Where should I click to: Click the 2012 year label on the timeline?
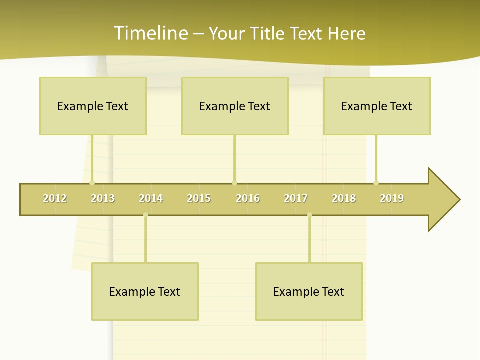(x=55, y=198)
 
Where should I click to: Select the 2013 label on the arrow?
(x=103, y=198)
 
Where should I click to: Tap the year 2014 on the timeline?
(x=151, y=198)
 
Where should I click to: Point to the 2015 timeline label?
(x=199, y=198)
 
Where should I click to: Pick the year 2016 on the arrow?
(x=248, y=198)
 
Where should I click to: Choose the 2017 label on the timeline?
(x=296, y=198)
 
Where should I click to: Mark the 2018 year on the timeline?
(x=344, y=198)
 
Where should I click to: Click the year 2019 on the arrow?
(x=392, y=198)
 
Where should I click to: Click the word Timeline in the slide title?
(x=150, y=33)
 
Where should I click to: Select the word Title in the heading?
(x=268, y=33)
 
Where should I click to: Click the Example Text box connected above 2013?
(x=93, y=106)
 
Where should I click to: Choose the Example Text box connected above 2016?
(x=235, y=106)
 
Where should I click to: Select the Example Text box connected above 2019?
(x=377, y=106)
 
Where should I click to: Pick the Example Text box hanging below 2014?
(x=145, y=291)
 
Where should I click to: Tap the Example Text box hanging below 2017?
(x=309, y=291)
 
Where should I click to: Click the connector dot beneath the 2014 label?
(x=145, y=215)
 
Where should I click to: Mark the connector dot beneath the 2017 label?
(x=309, y=215)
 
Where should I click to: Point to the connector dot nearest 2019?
(x=376, y=183)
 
